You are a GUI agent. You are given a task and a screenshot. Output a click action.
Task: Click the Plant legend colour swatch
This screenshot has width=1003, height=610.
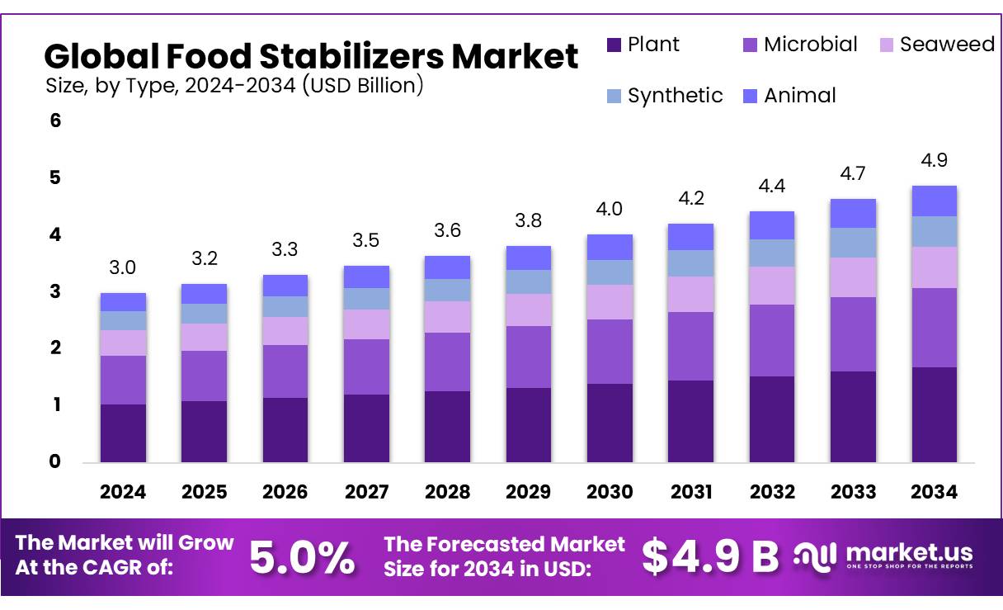click(x=613, y=45)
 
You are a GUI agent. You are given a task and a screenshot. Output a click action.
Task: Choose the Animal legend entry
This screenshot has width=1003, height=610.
click(x=799, y=96)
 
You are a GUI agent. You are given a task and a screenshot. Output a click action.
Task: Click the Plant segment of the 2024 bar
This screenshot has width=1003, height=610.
click(x=123, y=433)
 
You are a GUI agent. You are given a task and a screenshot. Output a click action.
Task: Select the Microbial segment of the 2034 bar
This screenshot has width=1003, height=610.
click(x=934, y=328)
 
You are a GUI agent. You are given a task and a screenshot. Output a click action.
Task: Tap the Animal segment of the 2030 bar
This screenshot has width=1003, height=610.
click(x=610, y=247)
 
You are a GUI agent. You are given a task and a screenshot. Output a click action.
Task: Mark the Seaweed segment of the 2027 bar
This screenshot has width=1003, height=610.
click(x=366, y=324)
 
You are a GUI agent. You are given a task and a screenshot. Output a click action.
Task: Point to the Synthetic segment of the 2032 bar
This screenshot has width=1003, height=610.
click(x=771, y=253)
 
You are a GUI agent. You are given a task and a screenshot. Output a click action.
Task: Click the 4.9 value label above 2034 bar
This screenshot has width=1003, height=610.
click(x=934, y=160)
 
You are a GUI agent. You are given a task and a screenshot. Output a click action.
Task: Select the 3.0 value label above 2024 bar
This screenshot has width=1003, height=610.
click(x=123, y=267)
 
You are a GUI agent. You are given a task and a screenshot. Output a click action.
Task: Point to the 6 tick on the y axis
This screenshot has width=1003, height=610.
click(x=55, y=121)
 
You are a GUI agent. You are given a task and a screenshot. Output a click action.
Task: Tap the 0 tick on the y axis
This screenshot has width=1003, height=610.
click(x=55, y=462)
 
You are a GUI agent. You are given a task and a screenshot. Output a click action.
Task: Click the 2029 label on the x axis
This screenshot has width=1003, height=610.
click(x=528, y=492)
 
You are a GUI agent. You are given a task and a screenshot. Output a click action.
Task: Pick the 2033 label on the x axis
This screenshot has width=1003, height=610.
click(x=853, y=492)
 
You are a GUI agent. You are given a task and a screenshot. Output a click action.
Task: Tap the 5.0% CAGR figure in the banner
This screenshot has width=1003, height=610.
click(x=302, y=558)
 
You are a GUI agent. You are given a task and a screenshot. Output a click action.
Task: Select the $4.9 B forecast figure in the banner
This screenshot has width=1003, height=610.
click(x=709, y=557)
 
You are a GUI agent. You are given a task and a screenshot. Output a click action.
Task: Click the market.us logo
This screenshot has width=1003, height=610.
click(x=884, y=555)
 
